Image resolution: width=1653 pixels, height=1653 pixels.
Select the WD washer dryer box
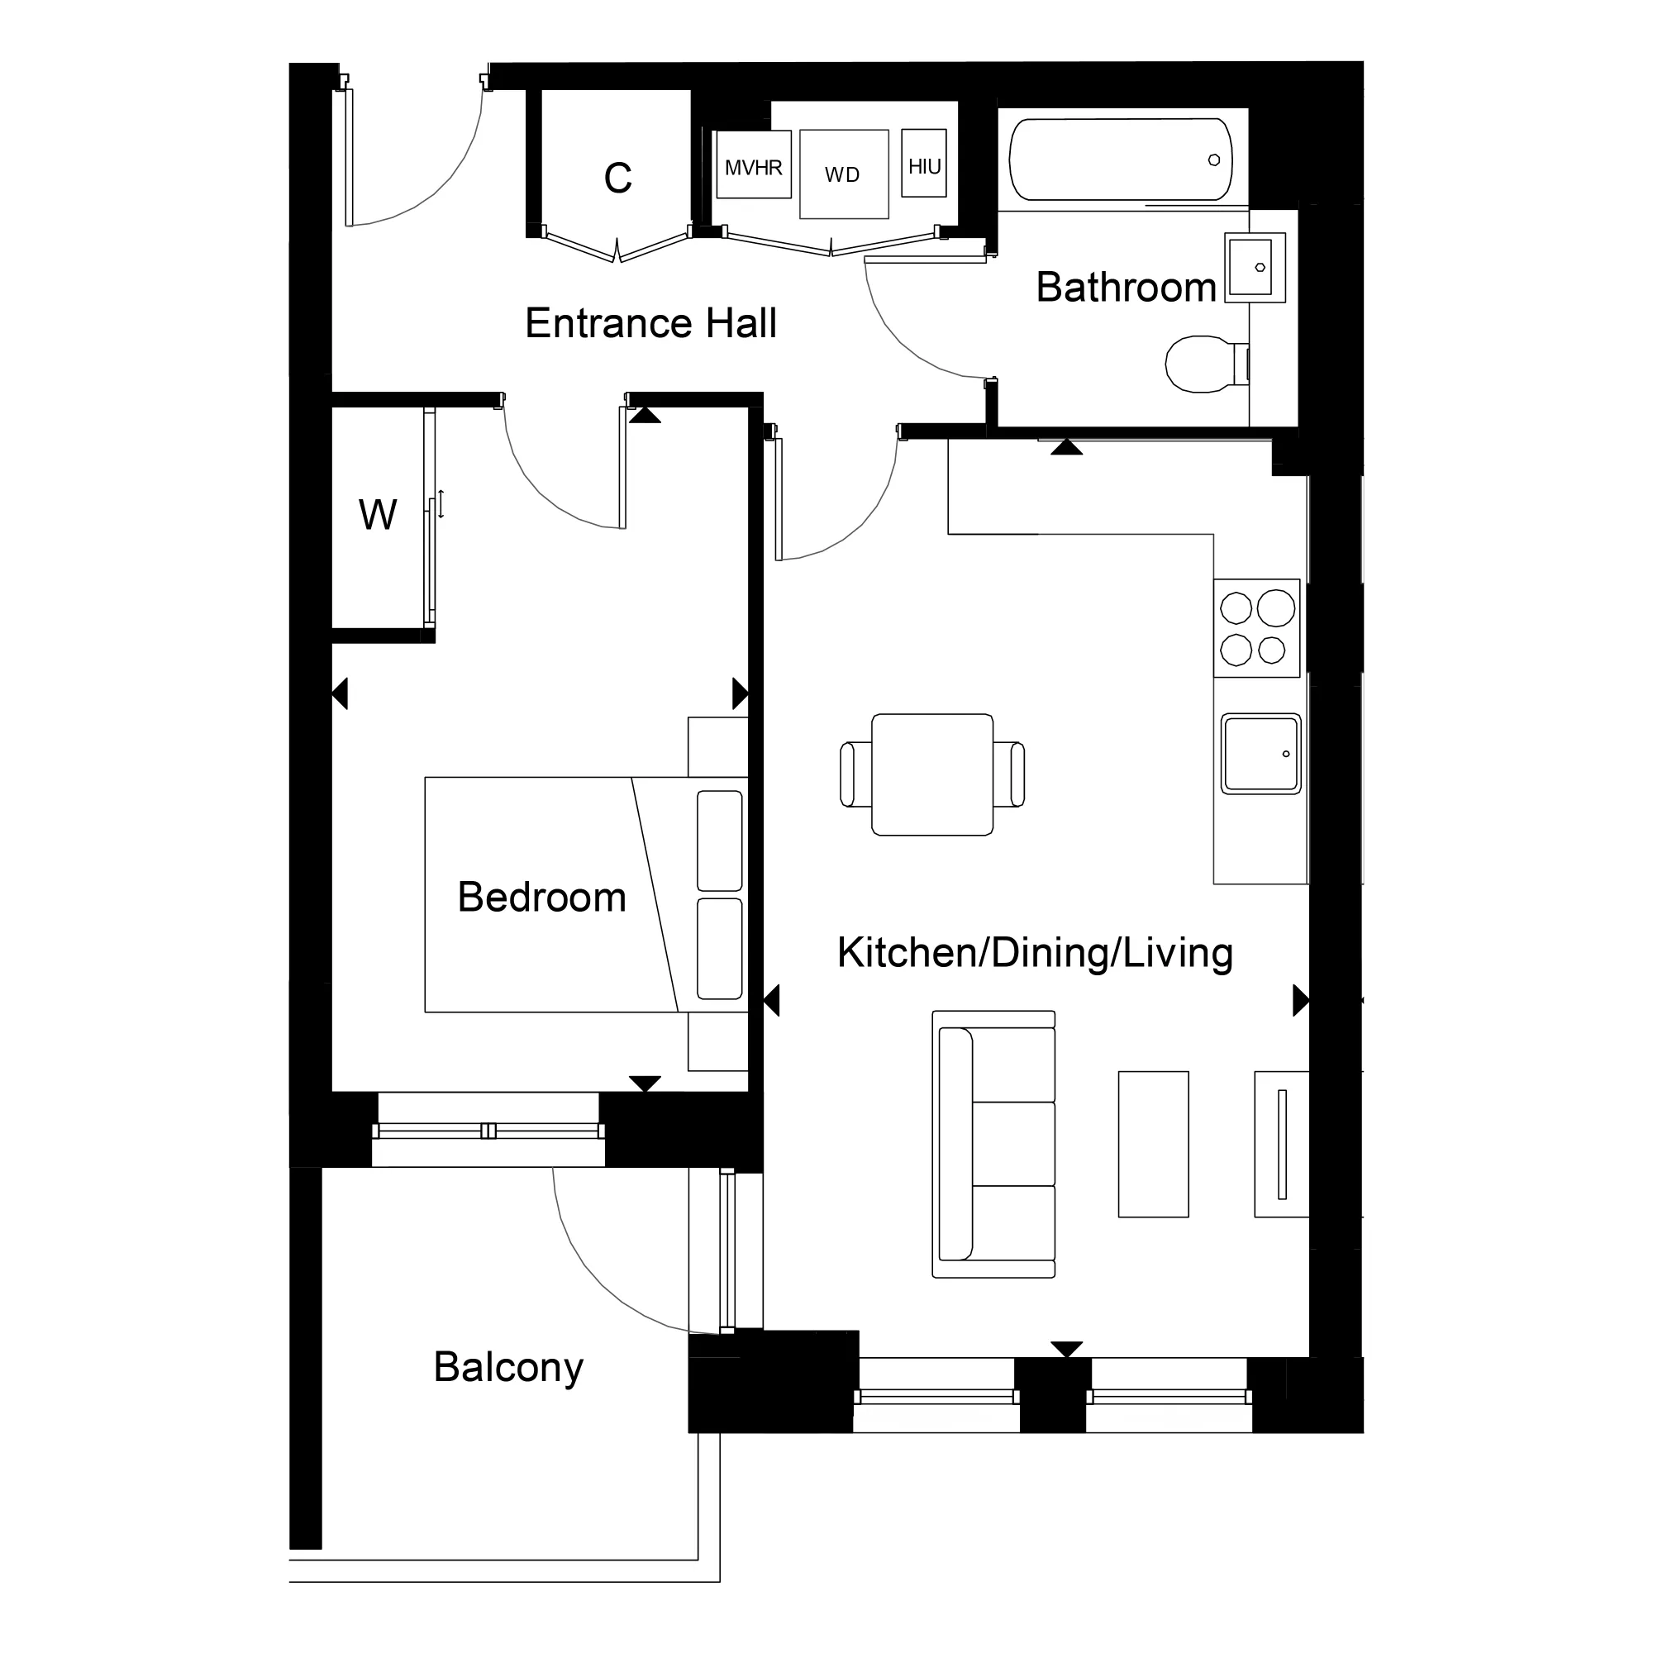pos(844,174)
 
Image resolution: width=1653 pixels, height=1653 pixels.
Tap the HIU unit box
pos(924,164)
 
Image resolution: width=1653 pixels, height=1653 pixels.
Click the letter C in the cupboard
pos(617,178)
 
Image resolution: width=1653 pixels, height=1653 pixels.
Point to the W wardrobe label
pos(378,515)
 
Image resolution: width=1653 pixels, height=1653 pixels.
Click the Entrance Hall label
pos(650,323)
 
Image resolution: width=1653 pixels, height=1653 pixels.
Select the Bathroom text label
pos(1125,288)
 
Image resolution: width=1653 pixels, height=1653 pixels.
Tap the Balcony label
pos(508,1366)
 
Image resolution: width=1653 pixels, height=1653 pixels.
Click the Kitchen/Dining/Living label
pos(1035,952)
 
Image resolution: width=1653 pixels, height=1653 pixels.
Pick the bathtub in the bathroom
pos(1121,160)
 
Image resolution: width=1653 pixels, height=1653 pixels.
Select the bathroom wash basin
pos(1254,267)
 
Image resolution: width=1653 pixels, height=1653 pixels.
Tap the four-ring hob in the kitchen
pos(1257,629)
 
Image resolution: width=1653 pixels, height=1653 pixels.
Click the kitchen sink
pos(1261,754)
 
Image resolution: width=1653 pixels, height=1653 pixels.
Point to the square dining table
pos(931,774)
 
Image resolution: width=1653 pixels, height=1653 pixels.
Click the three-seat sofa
pos(994,1144)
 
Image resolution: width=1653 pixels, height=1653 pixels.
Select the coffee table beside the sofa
pos(1153,1144)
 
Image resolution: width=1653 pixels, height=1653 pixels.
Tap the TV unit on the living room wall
pos(1281,1144)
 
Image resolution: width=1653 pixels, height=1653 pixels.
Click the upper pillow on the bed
pos(720,841)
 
